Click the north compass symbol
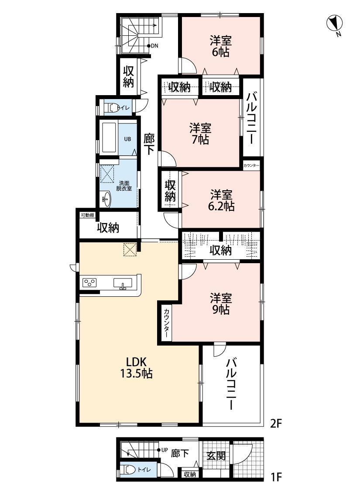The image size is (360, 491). tap(335, 23)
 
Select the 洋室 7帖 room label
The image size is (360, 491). tap(200, 134)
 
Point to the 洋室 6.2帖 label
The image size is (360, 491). tap(221, 200)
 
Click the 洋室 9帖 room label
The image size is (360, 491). tap(220, 304)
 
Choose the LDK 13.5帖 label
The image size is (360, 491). tap(138, 367)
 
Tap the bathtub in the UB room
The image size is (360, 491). tap(109, 137)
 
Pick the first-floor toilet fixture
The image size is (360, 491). tap(130, 470)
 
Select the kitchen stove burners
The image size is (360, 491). tap(90, 283)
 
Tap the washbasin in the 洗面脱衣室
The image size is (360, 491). tap(106, 200)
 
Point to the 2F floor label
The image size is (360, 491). tap(277, 423)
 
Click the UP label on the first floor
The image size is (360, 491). tap(165, 450)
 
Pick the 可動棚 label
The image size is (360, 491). tap(87, 215)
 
